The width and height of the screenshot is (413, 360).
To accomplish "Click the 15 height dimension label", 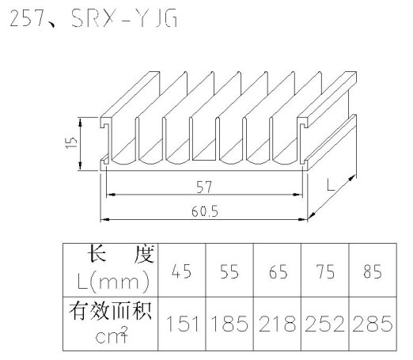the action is (x=71, y=142).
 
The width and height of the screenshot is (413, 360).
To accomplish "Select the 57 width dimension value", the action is (x=204, y=187).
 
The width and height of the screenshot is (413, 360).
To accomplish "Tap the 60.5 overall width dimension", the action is (x=205, y=211).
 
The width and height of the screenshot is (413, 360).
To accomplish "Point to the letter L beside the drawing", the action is (x=331, y=184).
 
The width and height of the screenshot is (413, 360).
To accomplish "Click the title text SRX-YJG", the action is (x=124, y=18).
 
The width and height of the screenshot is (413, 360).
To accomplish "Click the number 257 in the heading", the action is (x=26, y=18).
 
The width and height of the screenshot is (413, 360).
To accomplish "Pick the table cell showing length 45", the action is (x=181, y=271).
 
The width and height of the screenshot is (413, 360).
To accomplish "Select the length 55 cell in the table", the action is (x=229, y=271).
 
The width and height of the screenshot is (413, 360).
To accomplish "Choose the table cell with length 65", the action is (x=278, y=271).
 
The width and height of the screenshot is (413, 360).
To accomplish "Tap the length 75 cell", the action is (x=325, y=271).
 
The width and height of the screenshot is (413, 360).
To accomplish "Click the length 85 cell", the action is (x=373, y=271).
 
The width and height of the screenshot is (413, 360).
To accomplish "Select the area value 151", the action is (x=183, y=324).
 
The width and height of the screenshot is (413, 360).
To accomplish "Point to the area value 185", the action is (x=229, y=324).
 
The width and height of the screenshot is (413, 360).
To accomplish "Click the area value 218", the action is (x=277, y=324).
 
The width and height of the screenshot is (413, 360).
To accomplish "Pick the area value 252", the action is (x=325, y=324).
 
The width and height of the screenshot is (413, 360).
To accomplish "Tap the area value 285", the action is (x=373, y=324).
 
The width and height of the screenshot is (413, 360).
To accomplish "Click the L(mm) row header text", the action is (x=113, y=282).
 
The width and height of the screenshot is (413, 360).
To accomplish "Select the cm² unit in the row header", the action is (x=112, y=335).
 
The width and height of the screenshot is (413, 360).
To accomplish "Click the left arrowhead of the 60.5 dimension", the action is (x=104, y=219).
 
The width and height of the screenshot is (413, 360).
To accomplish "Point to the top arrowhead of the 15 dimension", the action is (x=81, y=122).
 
